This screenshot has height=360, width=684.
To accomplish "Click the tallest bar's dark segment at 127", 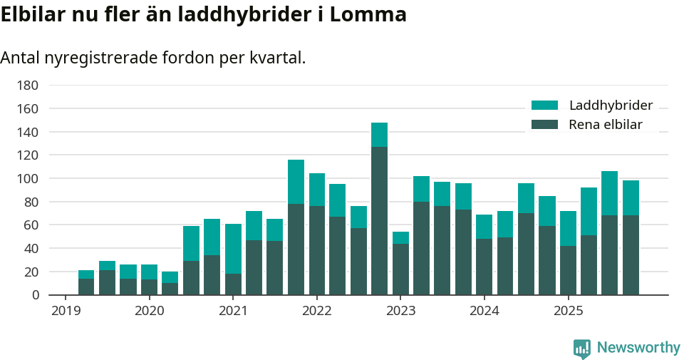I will pyautogui.click(x=379, y=221).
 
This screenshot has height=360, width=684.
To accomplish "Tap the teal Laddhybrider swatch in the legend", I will pyautogui.click(x=545, y=106).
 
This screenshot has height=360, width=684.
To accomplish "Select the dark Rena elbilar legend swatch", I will pyautogui.click(x=545, y=125).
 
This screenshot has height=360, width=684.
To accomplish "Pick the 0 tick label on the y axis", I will pyautogui.click(x=34, y=295).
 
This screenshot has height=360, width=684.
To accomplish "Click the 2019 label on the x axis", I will pyautogui.click(x=66, y=311).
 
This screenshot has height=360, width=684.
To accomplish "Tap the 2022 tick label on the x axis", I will pyautogui.click(x=316, y=311).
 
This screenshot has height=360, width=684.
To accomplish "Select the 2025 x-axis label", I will pyautogui.click(x=568, y=311).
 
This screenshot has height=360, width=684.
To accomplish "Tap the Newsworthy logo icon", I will pyautogui.click(x=581, y=348).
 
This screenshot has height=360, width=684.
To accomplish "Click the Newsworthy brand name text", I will pyautogui.click(x=638, y=348).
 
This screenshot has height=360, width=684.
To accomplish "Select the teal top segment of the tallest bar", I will pyautogui.click(x=379, y=135).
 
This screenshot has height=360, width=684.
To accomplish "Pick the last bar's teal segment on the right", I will pyautogui.click(x=631, y=198).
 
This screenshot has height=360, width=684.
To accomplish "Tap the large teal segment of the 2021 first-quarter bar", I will pyautogui.click(x=233, y=249).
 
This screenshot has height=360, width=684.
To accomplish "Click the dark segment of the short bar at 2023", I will pyautogui.click(x=400, y=269).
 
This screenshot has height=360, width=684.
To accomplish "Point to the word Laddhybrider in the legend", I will pyautogui.click(x=611, y=106).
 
